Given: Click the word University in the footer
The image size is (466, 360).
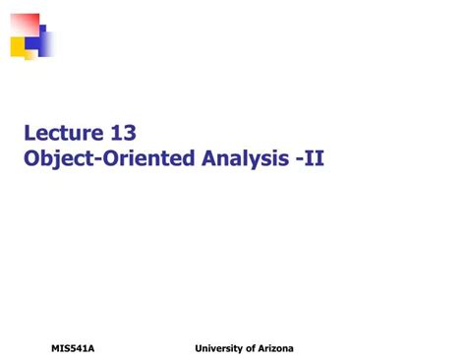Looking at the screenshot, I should [x=222, y=349].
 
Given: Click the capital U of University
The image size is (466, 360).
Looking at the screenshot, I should [x=200, y=349].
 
